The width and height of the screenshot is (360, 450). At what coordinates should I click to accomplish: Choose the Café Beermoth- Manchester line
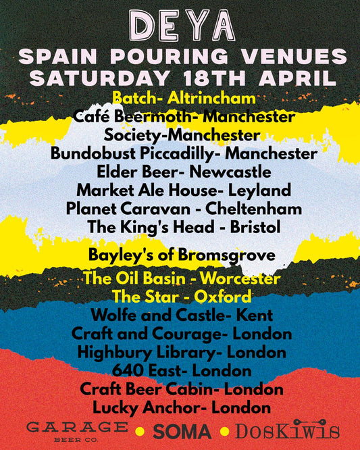pyautogui.click(x=180, y=117)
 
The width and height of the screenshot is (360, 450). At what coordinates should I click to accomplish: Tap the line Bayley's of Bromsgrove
pyautogui.click(x=182, y=255)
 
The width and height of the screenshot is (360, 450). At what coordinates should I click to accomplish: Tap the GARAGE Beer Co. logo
pyautogui.click(x=77, y=430)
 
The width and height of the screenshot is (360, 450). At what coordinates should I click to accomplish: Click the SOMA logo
pyautogui.click(x=182, y=432)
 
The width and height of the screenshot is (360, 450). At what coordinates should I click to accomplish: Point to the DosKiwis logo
pyautogui.click(x=287, y=431)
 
